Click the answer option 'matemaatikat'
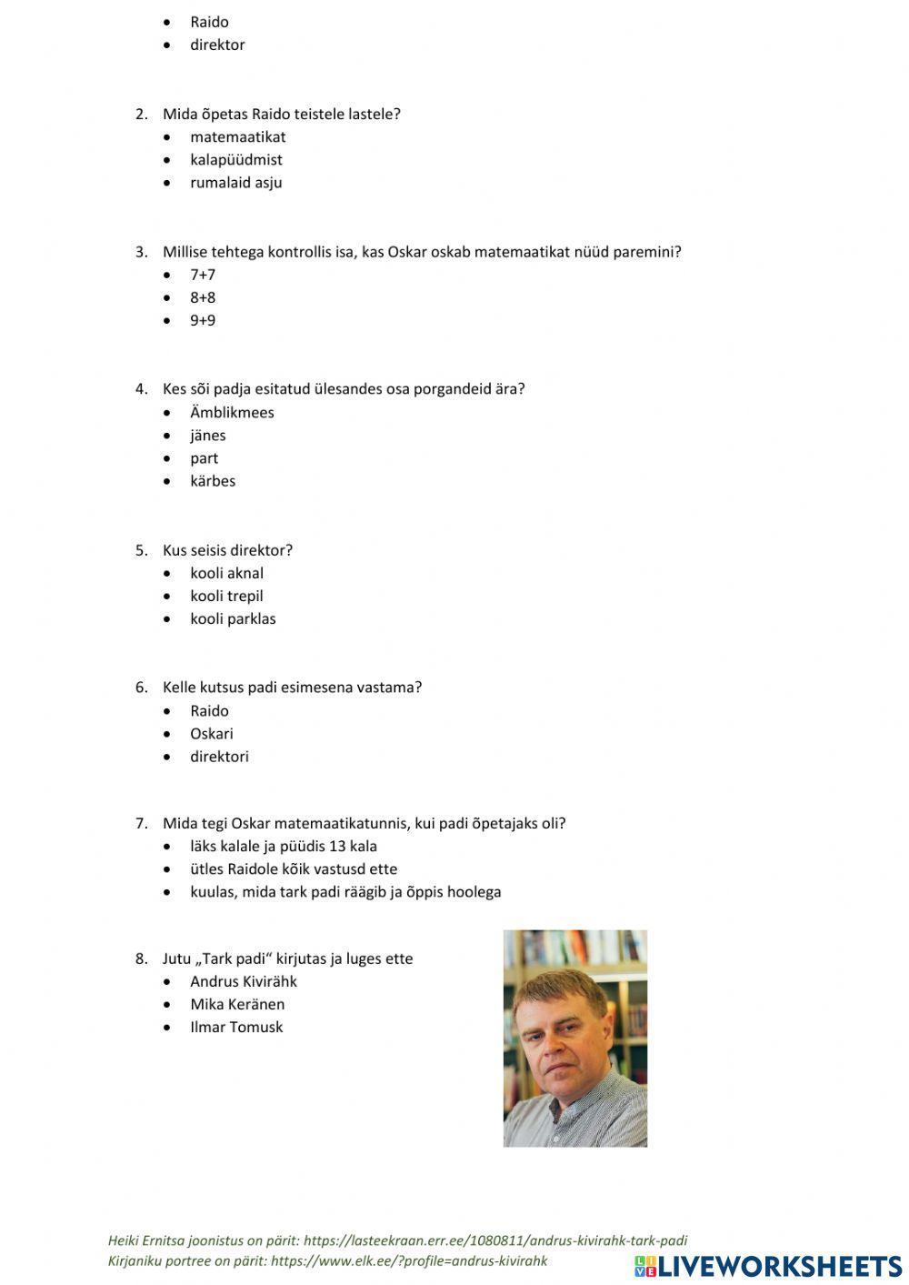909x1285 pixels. (x=237, y=137)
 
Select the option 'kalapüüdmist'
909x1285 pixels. (x=235, y=160)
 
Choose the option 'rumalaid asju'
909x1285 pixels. (x=235, y=183)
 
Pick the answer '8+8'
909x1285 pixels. (x=203, y=297)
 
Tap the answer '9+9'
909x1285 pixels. (x=203, y=320)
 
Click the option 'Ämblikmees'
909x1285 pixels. (x=232, y=413)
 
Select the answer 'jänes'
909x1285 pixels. (x=207, y=436)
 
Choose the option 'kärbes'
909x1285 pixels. (x=213, y=481)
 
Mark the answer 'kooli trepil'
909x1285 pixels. (x=226, y=597)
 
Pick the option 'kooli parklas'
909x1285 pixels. (x=233, y=619)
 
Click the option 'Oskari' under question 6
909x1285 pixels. (x=211, y=734)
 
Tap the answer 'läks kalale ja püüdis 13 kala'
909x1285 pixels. (x=283, y=847)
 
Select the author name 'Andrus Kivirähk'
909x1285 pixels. (x=243, y=982)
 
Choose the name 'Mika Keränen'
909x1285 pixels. (x=236, y=1005)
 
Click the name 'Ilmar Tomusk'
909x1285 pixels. (x=236, y=1028)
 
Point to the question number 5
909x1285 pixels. (x=141, y=550)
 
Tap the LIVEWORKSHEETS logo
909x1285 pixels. (x=768, y=1266)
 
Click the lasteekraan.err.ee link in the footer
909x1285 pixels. (x=495, y=1240)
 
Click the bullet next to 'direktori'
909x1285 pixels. (x=167, y=757)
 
